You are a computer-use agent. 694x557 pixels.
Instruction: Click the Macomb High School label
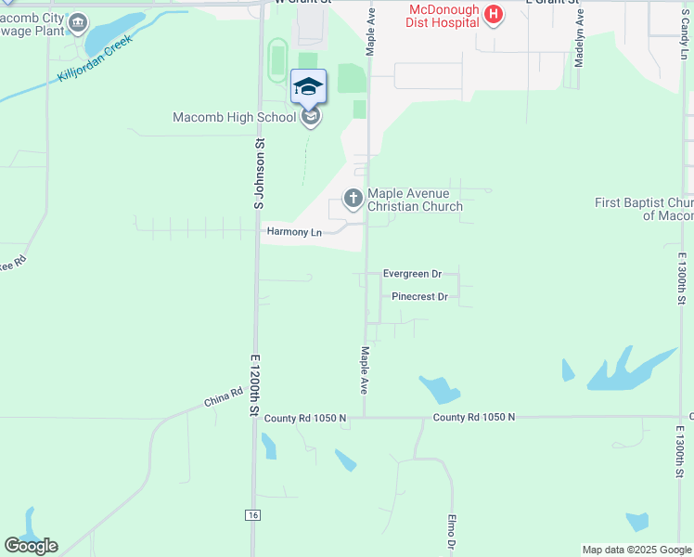[235, 117]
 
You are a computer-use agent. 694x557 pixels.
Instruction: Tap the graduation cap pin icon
[308, 88]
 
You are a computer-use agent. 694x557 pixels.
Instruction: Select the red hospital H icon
[494, 15]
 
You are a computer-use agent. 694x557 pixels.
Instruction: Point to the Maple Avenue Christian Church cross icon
[353, 198]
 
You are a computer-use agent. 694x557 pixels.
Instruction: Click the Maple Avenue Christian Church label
[415, 200]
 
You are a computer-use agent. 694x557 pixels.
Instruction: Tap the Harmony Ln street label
[293, 232]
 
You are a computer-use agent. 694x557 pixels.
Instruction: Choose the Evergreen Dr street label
[412, 274]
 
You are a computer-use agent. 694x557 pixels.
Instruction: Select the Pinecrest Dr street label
[419, 297]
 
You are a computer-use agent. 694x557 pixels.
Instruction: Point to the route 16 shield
[251, 515]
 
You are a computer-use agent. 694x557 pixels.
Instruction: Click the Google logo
[31, 546]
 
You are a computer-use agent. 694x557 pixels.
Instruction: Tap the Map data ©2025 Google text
[636, 550]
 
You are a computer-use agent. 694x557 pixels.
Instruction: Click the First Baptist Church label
[645, 209]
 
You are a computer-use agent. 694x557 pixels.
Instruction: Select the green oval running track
[276, 60]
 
